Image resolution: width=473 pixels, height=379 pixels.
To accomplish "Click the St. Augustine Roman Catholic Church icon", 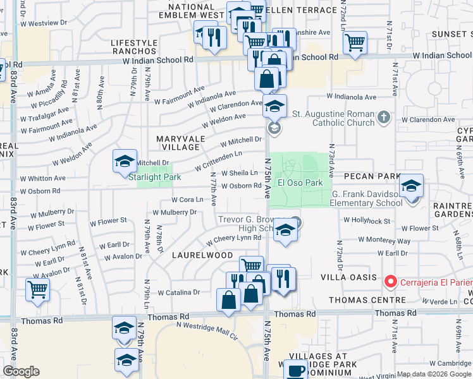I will (383, 117).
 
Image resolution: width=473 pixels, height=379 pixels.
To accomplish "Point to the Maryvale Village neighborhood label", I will (180, 142).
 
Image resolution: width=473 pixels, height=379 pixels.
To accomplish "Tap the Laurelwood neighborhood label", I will (202, 255).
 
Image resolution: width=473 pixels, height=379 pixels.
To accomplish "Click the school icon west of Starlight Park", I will (125, 161).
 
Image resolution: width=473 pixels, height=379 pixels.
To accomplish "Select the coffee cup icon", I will (295, 371).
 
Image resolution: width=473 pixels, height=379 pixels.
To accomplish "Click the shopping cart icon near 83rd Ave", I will (37, 290).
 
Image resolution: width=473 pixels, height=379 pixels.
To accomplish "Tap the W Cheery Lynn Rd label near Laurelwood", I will (233, 238).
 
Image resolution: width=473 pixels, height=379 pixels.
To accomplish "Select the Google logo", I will (21, 371).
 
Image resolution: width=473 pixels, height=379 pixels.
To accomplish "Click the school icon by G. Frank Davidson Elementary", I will (411, 186).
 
